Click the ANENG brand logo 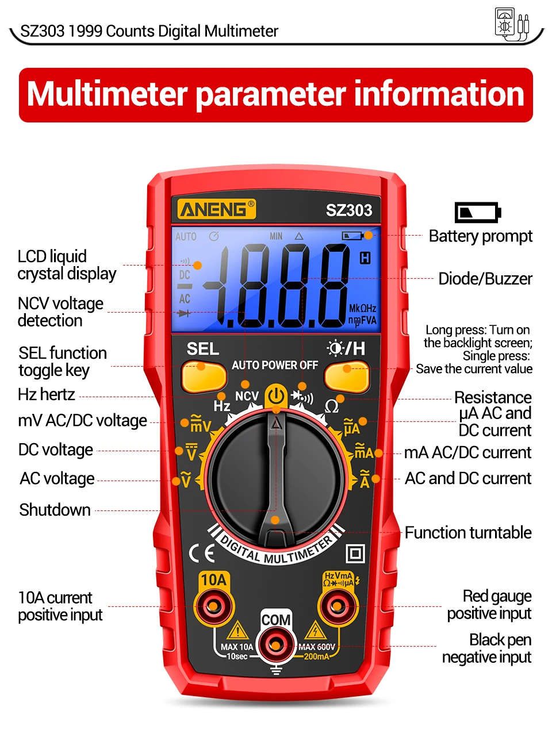click(216, 209)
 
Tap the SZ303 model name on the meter click(349, 210)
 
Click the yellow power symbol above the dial click(276, 396)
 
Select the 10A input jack click(214, 605)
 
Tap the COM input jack click(276, 645)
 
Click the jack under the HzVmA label click(338, 605)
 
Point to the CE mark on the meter click(202, 553)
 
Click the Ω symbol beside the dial click(332, 407)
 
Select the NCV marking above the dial click(247, 396)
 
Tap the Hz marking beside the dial click(222, 406)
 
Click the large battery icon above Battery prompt click(477, 212)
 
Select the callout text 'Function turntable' click(468, 533)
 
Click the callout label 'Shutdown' click(55, 510)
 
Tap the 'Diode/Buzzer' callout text click(485, 279)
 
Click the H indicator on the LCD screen click(365, 258)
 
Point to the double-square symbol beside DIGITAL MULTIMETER click(355, 554)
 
